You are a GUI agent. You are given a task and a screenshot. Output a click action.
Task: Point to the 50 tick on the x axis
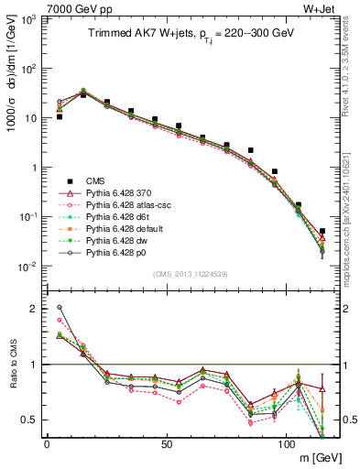(167, 443)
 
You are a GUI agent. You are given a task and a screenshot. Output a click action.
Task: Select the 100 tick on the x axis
(286, 443)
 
